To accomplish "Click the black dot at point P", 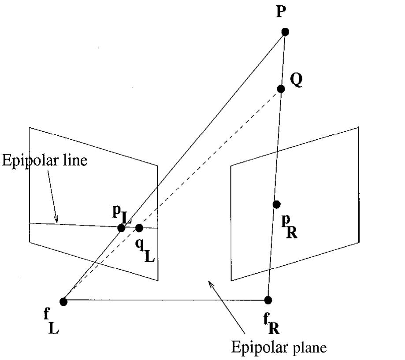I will pyautogui.click(x=285, y=32).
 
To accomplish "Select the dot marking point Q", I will pyautogui.click(x=281, y=89).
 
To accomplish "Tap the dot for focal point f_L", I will pyautogui.click(x=63, y=301).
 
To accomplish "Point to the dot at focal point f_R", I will pyautogui.click(x=268, y=300).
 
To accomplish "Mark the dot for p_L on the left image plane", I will pyautogui.click(x=121, y=228).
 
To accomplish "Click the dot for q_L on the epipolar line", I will pyautogui.click(x=139, y=228).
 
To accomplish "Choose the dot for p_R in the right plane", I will pyautogui.click(x=276, y=204).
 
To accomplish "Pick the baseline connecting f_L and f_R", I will pyautogui.click(x=167, y=301).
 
